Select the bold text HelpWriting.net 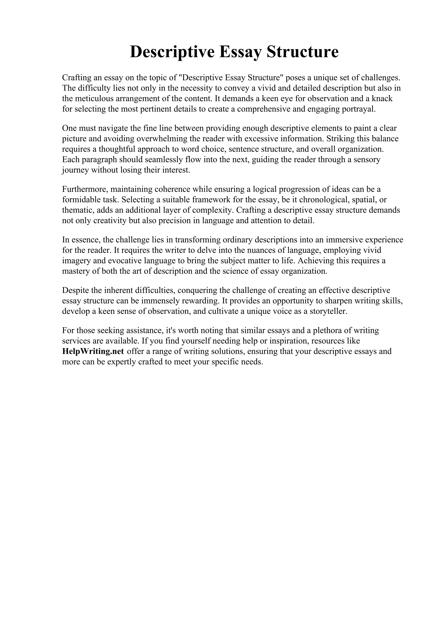pos(93,351)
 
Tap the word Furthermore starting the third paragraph pos(85,189)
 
